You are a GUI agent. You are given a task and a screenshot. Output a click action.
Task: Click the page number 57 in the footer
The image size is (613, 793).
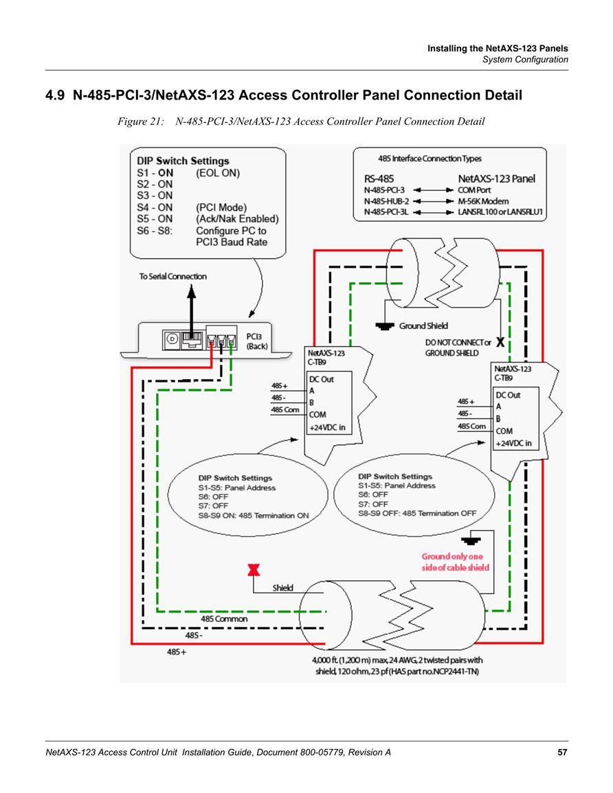tap(562, 752)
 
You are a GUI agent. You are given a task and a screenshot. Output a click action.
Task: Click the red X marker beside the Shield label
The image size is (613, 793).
tap(254, 570)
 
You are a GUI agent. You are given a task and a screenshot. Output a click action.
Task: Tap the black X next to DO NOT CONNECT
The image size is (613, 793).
tap(500, 342)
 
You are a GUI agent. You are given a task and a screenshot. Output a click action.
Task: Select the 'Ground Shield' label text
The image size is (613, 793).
tap(423, 325)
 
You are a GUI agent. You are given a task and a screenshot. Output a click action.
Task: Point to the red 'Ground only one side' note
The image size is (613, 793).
tap(455, 562)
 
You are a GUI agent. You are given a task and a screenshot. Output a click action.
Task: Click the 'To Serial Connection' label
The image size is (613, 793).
tap(173, 276)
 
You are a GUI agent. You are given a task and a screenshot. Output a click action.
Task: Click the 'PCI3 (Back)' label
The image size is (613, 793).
tap(256, 341)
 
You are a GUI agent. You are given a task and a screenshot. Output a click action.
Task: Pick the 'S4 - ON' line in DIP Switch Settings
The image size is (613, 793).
tap(155, 207)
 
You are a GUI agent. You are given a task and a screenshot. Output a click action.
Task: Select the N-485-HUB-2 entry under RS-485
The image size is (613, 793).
tap(386, 201)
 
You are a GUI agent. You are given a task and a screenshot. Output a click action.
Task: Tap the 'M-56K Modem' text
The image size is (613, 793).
tap(483, 201)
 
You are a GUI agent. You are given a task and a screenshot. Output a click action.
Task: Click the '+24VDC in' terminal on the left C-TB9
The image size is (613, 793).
tap(327, 427)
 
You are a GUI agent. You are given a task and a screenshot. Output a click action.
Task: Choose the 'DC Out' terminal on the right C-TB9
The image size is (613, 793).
tap(508, 395)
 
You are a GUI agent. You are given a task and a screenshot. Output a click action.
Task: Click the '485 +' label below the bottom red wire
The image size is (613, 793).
tap(177, 652)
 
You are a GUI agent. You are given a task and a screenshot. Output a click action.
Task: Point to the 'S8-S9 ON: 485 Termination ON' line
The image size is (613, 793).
tap(253, 516)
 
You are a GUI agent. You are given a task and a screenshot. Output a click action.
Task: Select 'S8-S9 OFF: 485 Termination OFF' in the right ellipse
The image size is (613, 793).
tap(417, 513)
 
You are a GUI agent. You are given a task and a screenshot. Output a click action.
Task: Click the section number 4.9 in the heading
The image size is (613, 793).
tap(55, 95)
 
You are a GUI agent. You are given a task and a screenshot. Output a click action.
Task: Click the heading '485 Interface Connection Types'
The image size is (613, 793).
tap(430, 159)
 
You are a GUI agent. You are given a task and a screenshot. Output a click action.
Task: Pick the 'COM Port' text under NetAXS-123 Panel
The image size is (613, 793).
tap(474, 190)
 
